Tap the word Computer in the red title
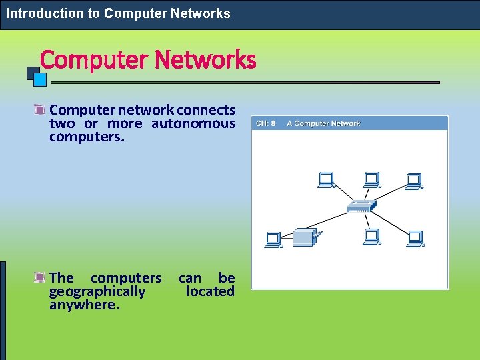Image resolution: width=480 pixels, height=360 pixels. click(94, 60)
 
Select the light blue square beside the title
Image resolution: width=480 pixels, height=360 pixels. click(40, 79)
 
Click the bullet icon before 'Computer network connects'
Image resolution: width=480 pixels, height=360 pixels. click(40, 109)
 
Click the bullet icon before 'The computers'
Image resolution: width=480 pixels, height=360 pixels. click(40, 277)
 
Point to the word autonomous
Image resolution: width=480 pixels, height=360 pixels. click(193, 123)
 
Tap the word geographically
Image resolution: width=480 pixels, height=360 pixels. click(97, 291)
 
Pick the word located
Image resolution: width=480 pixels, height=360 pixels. click(210, 291)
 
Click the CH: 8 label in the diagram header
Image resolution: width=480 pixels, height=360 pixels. click(266, 123)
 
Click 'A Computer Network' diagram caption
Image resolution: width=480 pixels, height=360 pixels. click(323, 123)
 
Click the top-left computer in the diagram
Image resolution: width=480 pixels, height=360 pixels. click(325, 180)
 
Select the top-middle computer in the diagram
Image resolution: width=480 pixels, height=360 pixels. click(371, 180)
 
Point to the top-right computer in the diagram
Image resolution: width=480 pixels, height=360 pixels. click(414, 180)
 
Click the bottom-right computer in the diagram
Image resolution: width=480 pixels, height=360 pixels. click(415, 238)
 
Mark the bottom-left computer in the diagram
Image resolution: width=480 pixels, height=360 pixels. click(273, 239)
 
